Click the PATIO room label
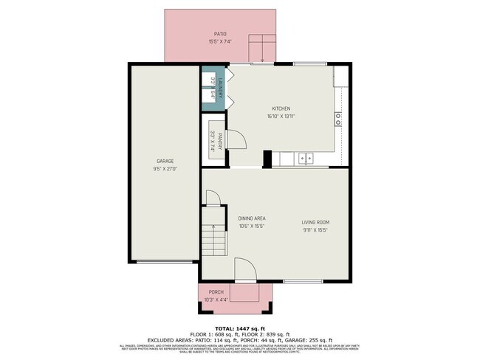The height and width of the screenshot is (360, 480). [220, 34]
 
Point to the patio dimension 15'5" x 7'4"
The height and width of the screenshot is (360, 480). [220, 41]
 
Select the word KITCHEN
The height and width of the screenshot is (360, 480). [281, 108]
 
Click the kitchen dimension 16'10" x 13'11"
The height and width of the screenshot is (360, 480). [281, 116]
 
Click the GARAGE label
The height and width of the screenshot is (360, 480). [165, 161]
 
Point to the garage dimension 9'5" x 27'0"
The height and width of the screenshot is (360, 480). [165, 169]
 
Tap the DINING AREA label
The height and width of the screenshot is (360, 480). [252, 218]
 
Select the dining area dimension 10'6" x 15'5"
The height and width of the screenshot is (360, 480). [252, 226]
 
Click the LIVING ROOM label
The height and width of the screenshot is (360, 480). [315, 222]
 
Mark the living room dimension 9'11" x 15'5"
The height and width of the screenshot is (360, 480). [315, 230]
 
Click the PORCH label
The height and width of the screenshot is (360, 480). [216, 292]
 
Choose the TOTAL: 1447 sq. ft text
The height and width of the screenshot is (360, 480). [240, 327]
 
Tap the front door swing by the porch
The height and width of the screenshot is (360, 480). [245, 271]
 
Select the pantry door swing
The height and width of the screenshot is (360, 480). [236, 139]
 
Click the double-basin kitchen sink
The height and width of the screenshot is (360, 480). [306, 158]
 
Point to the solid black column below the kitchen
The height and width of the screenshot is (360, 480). [267, 159]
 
